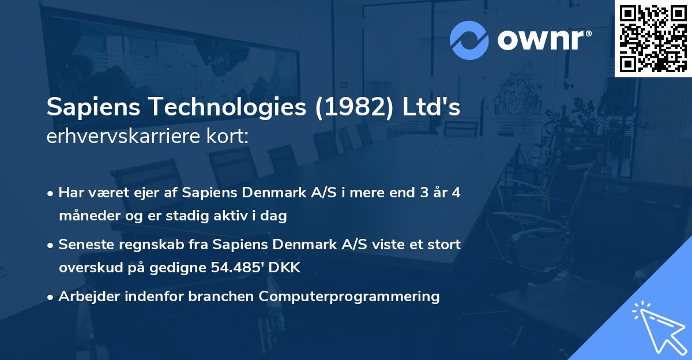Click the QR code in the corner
click(x=653, y=38)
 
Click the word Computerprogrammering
click(x=349, y=297)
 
